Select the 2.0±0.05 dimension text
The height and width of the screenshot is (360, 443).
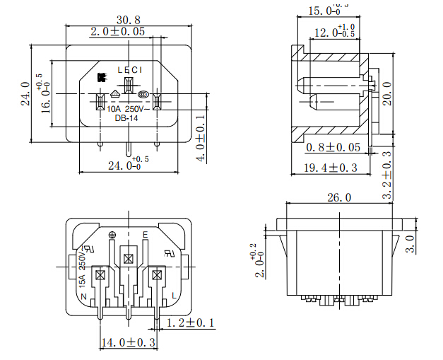(127, 32)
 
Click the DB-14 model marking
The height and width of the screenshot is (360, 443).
(126, 118)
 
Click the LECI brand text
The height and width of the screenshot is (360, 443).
(129, 69)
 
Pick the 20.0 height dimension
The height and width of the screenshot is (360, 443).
(386, 93)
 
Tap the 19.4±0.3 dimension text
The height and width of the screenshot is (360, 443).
(331, 168)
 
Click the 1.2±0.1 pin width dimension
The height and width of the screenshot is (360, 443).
(189, 323)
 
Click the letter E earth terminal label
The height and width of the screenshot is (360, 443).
(145, 234)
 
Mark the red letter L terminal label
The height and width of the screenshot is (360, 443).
(174, 294)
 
